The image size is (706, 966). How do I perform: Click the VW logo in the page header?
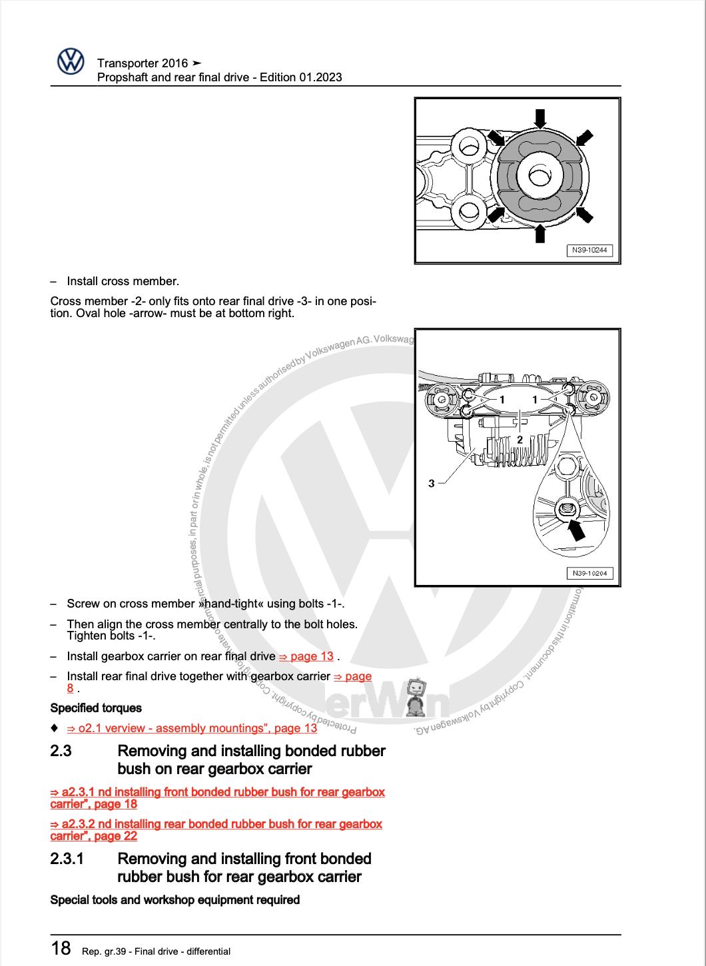point(70,63)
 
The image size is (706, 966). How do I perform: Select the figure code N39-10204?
point(589,573)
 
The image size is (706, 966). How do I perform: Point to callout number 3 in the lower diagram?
point(432,483)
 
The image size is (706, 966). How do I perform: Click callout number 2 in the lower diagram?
point(520,439)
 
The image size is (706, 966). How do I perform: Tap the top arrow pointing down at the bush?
point(541,118)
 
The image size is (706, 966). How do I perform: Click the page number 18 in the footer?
point(61,948)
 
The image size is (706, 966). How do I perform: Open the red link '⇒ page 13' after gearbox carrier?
point(306,656)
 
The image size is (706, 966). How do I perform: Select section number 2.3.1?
point(67,859)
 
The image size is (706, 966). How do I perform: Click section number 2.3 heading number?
point(61,751)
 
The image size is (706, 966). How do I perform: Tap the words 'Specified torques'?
point(96,708)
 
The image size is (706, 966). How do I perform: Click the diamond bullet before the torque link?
point(55,727)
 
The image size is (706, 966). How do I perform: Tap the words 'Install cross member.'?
point(123,281)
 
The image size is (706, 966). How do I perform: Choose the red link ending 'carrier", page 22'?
point(94,836)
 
